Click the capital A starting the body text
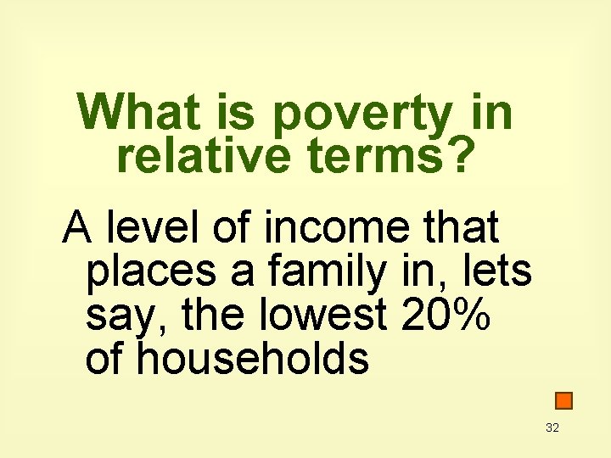pos(77,227)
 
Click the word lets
pos(500,271)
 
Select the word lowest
pos(314,316)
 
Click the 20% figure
pos(448,316)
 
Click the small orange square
pos(563,400)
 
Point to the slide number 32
pos(552,428)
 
